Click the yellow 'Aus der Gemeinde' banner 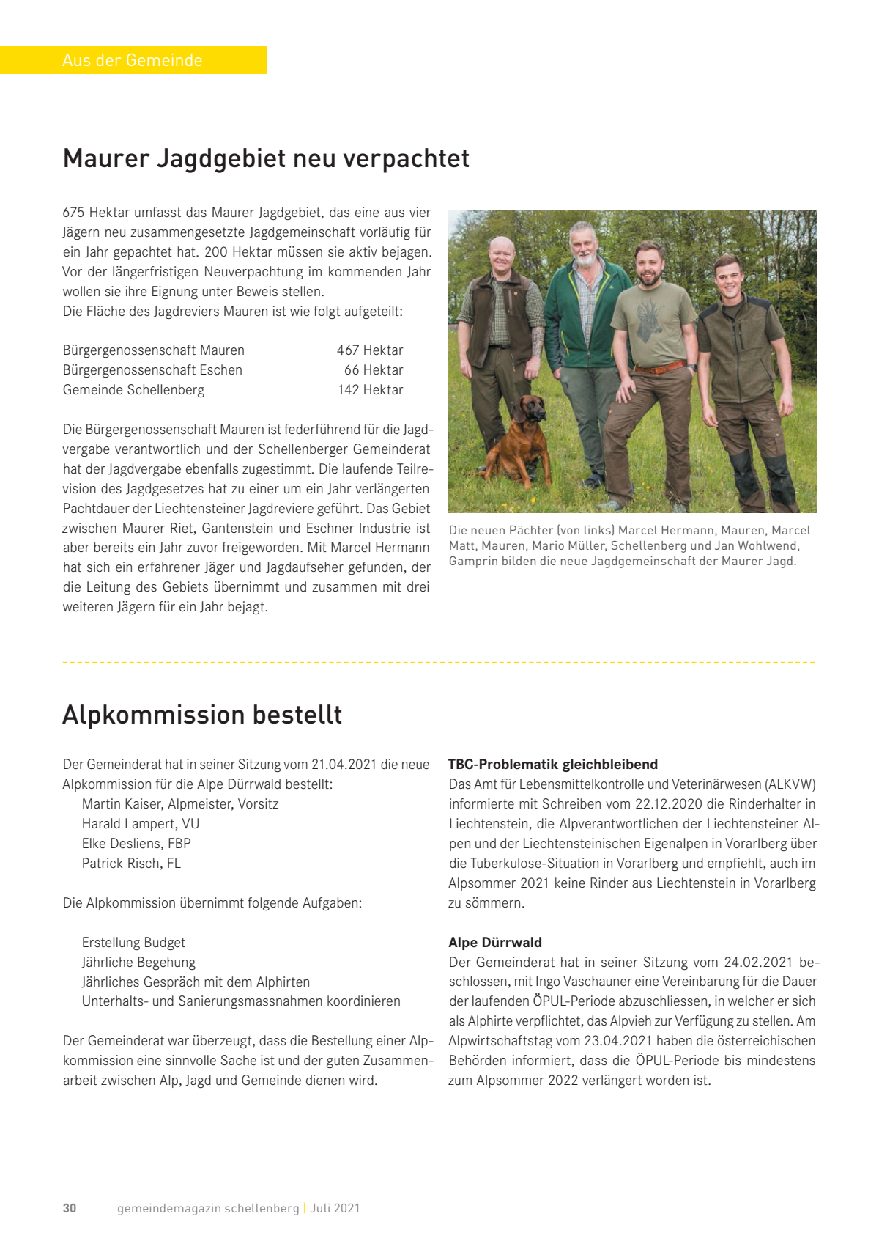point(133,60)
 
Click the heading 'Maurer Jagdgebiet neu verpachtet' point(266,158)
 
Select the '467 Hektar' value point(370,350)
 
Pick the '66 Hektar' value point(374,370)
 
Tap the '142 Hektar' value point(371,390)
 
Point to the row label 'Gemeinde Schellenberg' point(133,390)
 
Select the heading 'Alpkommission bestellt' point(202,715)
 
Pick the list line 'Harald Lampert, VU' point(141,824)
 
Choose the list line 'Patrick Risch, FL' point(131,864)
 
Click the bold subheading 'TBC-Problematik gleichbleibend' point(553,765)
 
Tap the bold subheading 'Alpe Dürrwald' point(495,943)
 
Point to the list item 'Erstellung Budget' point(133,943)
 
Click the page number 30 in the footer point(70,1208)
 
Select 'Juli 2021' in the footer point(335,1208)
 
